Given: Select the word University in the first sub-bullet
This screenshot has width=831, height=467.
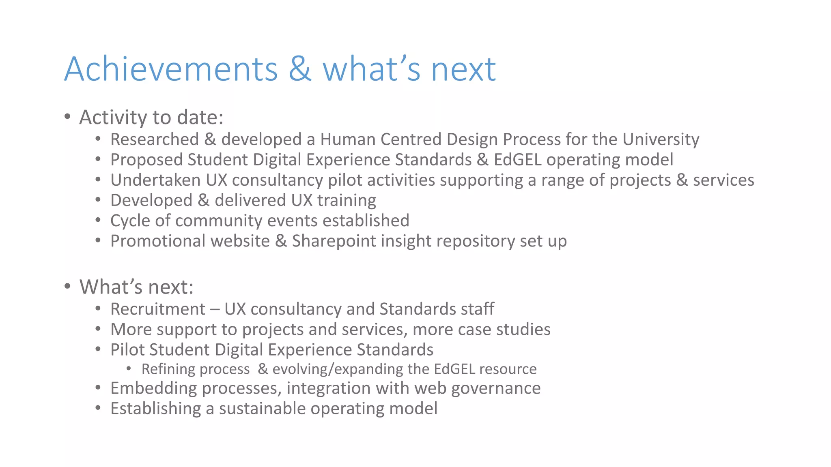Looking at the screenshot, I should (661, 139).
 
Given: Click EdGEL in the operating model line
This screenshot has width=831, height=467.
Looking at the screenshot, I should (517, 160).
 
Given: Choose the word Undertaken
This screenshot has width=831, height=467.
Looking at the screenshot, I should (155, 180).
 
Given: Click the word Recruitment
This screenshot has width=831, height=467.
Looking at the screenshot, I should (158, 309).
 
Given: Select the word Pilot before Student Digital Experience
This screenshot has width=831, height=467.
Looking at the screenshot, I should (127, 350).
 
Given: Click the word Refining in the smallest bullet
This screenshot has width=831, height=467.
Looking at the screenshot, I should (166, 369).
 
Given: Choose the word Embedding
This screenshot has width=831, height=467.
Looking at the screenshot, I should (153, 388).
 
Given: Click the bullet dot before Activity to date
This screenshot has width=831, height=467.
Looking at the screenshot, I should (68, 117).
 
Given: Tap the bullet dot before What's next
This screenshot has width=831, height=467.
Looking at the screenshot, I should (68, 287).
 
